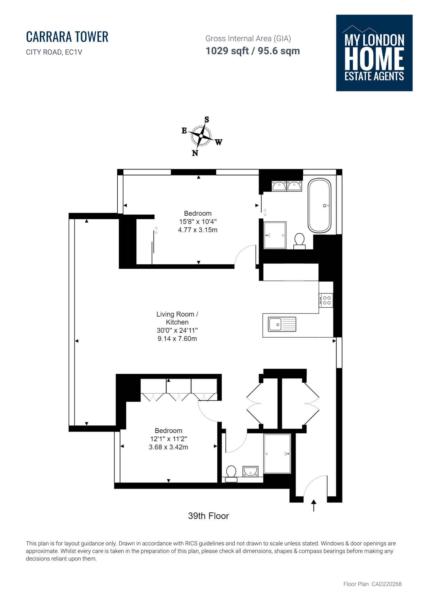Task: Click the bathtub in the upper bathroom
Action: (x=319, y=206)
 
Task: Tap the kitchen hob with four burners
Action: (x=326, y=300)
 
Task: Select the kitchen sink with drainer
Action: (x=282, y=324)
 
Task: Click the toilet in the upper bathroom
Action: (x=299, y=241)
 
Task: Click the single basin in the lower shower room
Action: (x=250, y=471)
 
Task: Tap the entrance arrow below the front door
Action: (x=314, y=505)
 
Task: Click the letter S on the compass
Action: (x=207, y=120)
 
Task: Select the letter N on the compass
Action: (x=195, y=153)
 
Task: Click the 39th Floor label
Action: (x=209, y=516)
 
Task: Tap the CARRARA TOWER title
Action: (x=67, y=37)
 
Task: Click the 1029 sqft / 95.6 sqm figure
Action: (x=253, y=51)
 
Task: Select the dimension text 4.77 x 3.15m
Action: (x=198, y=230)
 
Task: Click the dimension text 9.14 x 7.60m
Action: (x=177, y=339)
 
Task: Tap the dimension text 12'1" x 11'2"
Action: (x=169, y=439)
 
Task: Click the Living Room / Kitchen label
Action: (x=177, y=318)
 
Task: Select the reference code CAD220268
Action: (x=387, y=584)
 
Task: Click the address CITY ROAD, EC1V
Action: (x=54, y=52)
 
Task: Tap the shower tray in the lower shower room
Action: (x=277, y=454)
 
